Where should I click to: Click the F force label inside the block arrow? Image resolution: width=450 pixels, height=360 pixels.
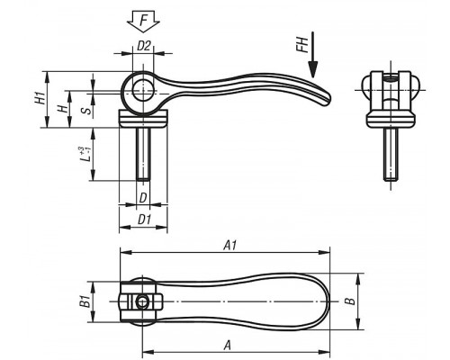pos(144,21)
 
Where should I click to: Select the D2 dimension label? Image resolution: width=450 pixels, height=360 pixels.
pos(143,46)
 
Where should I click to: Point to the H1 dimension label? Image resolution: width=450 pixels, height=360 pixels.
pos(40,99)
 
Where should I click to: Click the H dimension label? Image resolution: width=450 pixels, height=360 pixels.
pos(63,109)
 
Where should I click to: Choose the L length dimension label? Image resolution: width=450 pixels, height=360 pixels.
pos(85,154)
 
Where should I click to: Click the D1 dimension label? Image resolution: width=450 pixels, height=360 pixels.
pos(144,220)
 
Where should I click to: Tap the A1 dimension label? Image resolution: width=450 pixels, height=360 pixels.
pos(229,246)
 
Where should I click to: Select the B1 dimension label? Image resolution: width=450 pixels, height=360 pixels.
pos(85,301)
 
